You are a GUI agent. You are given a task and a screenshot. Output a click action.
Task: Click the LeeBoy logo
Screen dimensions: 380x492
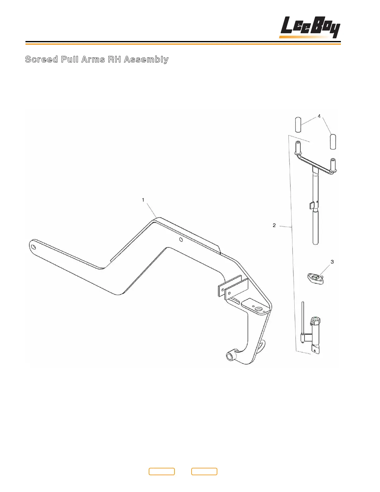[310, 27]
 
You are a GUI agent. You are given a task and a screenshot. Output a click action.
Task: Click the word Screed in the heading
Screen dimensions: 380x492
[41, 59]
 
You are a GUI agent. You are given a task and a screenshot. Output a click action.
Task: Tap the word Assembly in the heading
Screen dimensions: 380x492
[146, 59]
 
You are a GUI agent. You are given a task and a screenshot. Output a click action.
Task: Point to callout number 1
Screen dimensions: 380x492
[143, 200]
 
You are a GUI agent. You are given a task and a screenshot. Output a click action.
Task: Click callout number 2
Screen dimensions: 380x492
[274, 225]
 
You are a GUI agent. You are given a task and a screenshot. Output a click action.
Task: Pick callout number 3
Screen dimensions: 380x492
[332, 262]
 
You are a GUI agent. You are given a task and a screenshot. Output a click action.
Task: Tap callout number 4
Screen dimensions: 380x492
[319, 116]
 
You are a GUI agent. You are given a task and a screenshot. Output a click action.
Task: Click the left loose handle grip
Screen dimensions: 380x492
[298, 125]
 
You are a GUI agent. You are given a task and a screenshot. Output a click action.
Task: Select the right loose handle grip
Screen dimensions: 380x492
[333, 142]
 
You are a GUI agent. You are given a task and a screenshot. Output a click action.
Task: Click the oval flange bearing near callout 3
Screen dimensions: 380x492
[315, 278]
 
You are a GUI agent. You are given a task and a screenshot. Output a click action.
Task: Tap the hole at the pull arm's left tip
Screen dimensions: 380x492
[34, 247]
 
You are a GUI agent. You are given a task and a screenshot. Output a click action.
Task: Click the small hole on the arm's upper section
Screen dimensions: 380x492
[181, 240]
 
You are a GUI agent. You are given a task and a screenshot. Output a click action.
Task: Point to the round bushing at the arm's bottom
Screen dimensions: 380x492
[230, 356]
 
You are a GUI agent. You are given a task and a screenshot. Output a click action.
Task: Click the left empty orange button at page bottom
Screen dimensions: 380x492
[161, 471]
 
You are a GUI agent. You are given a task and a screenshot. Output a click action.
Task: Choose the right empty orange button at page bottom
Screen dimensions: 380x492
[204, 471]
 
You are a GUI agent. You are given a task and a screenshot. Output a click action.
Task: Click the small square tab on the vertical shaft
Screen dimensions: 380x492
[312, 205]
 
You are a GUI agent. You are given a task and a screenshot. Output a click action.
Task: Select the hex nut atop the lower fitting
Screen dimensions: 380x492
[316, 320]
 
